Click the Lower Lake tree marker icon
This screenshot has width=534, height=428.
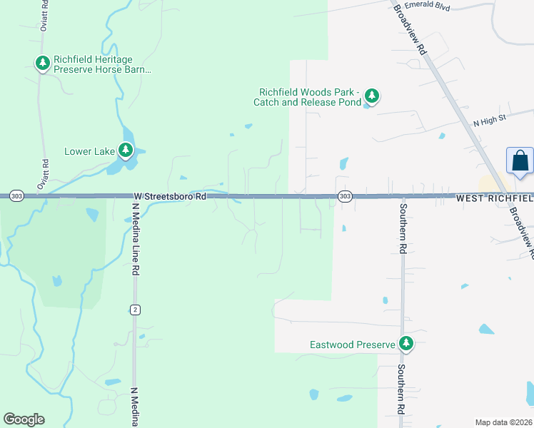[x=126, y=150]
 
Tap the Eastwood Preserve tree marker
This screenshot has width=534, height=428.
[x=406, y=344]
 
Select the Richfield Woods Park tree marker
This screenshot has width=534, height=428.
[x=371, y=95]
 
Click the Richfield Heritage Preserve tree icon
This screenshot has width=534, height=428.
[x=43, y=63]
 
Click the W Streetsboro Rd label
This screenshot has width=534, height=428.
[x=170, y=195]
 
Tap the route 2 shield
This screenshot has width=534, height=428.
[x=134, y=309]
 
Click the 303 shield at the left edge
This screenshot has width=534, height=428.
[x=16, y=195]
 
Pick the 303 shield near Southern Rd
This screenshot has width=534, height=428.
[x=345, y=195]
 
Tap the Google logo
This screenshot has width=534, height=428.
[x=24, y=419]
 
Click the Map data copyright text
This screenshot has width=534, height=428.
[x=503, y=422]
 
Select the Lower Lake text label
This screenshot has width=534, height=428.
[x=89, y=151]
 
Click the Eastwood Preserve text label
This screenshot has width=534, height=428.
[x=352, y=345]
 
